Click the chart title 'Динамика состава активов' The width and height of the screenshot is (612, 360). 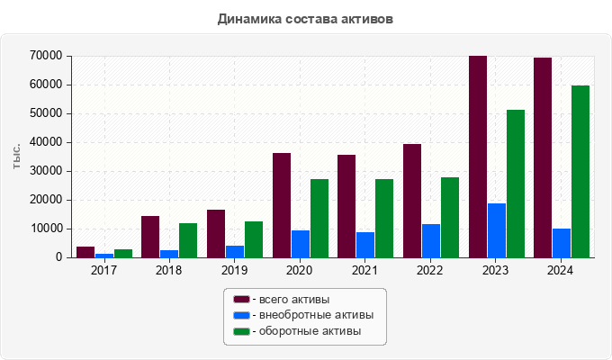(x=305, y=18)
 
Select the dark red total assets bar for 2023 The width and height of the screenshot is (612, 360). (x=477, y=157)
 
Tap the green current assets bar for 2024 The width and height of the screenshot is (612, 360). (x=580, y=171)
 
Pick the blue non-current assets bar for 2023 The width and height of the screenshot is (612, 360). (x=497, y=230)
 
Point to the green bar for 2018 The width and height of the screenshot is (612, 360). (x=188, y=240)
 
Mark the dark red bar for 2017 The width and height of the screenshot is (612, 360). (x=85, y=252)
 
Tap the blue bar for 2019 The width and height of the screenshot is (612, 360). (x=235, y=251)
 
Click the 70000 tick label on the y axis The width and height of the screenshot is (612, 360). (x=45, y=56)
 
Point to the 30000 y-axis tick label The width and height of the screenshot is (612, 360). (x=45, y=171)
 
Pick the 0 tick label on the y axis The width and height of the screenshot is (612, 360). (x=58, y=257)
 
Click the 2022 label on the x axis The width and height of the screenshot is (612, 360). (x=430, y=270)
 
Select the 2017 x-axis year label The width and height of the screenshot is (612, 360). (x=103, y=270)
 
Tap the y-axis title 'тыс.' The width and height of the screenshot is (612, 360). (x=17, y=155)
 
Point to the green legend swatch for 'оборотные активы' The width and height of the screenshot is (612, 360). (x=241, y=332)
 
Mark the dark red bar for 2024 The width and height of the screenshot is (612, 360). (x=543, y=157)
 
